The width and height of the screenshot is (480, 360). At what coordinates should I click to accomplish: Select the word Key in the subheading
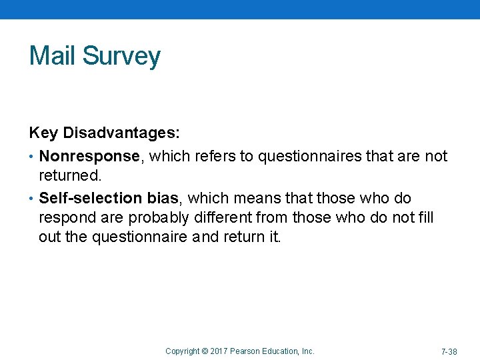pos(43,133)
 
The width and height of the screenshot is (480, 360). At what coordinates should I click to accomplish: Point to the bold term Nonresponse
pos(93,157)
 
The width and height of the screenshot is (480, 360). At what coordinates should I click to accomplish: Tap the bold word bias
pos(163,199)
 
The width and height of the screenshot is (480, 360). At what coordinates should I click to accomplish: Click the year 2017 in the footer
pos(219,351)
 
